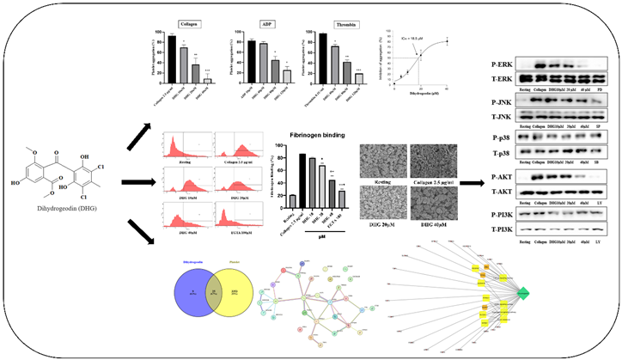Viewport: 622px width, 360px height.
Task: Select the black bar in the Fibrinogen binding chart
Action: coord(303,181)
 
